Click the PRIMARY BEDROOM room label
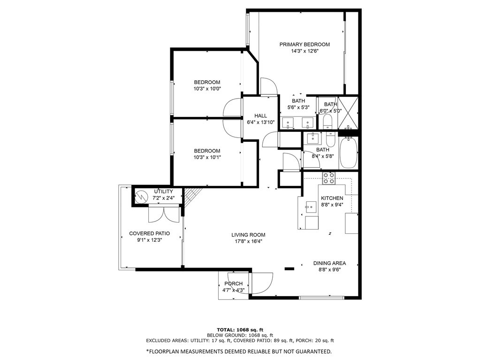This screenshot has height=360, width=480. coord(305,45)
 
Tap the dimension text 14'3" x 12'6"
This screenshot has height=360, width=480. coord(305,51)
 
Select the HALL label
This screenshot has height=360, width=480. coord(260,116)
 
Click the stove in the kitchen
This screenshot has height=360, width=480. coord(329,178)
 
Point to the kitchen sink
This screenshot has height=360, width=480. coord(310,206)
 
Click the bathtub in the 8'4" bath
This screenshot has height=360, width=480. coord(348,153)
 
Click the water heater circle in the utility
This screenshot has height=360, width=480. coord(141,198)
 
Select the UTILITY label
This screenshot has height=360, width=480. coord(164,191)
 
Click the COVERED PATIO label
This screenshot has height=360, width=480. coord(149,233)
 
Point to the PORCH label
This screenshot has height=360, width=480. coord(234,283)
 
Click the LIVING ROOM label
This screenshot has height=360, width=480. coord(248,235)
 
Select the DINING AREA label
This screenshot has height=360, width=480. coord(330,263)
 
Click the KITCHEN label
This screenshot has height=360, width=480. coord(332,198)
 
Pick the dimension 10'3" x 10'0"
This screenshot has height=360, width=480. coord(207,89)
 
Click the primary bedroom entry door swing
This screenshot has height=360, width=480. coord(268,86)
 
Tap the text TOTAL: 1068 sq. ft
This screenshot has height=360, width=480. coord(239,329)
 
